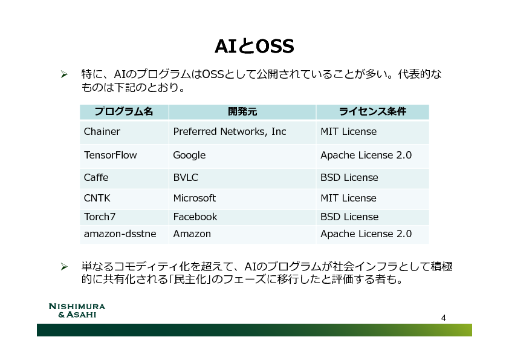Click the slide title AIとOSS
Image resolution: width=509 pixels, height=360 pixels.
(254, 46)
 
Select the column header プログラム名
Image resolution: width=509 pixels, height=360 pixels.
(124, 111)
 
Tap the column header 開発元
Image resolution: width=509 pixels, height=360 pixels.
(242, 111)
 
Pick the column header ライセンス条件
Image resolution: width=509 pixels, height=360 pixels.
(372, 111)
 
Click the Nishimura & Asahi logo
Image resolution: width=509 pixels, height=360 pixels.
(77, 310)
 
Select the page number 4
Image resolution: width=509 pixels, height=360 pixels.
(444, 318)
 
